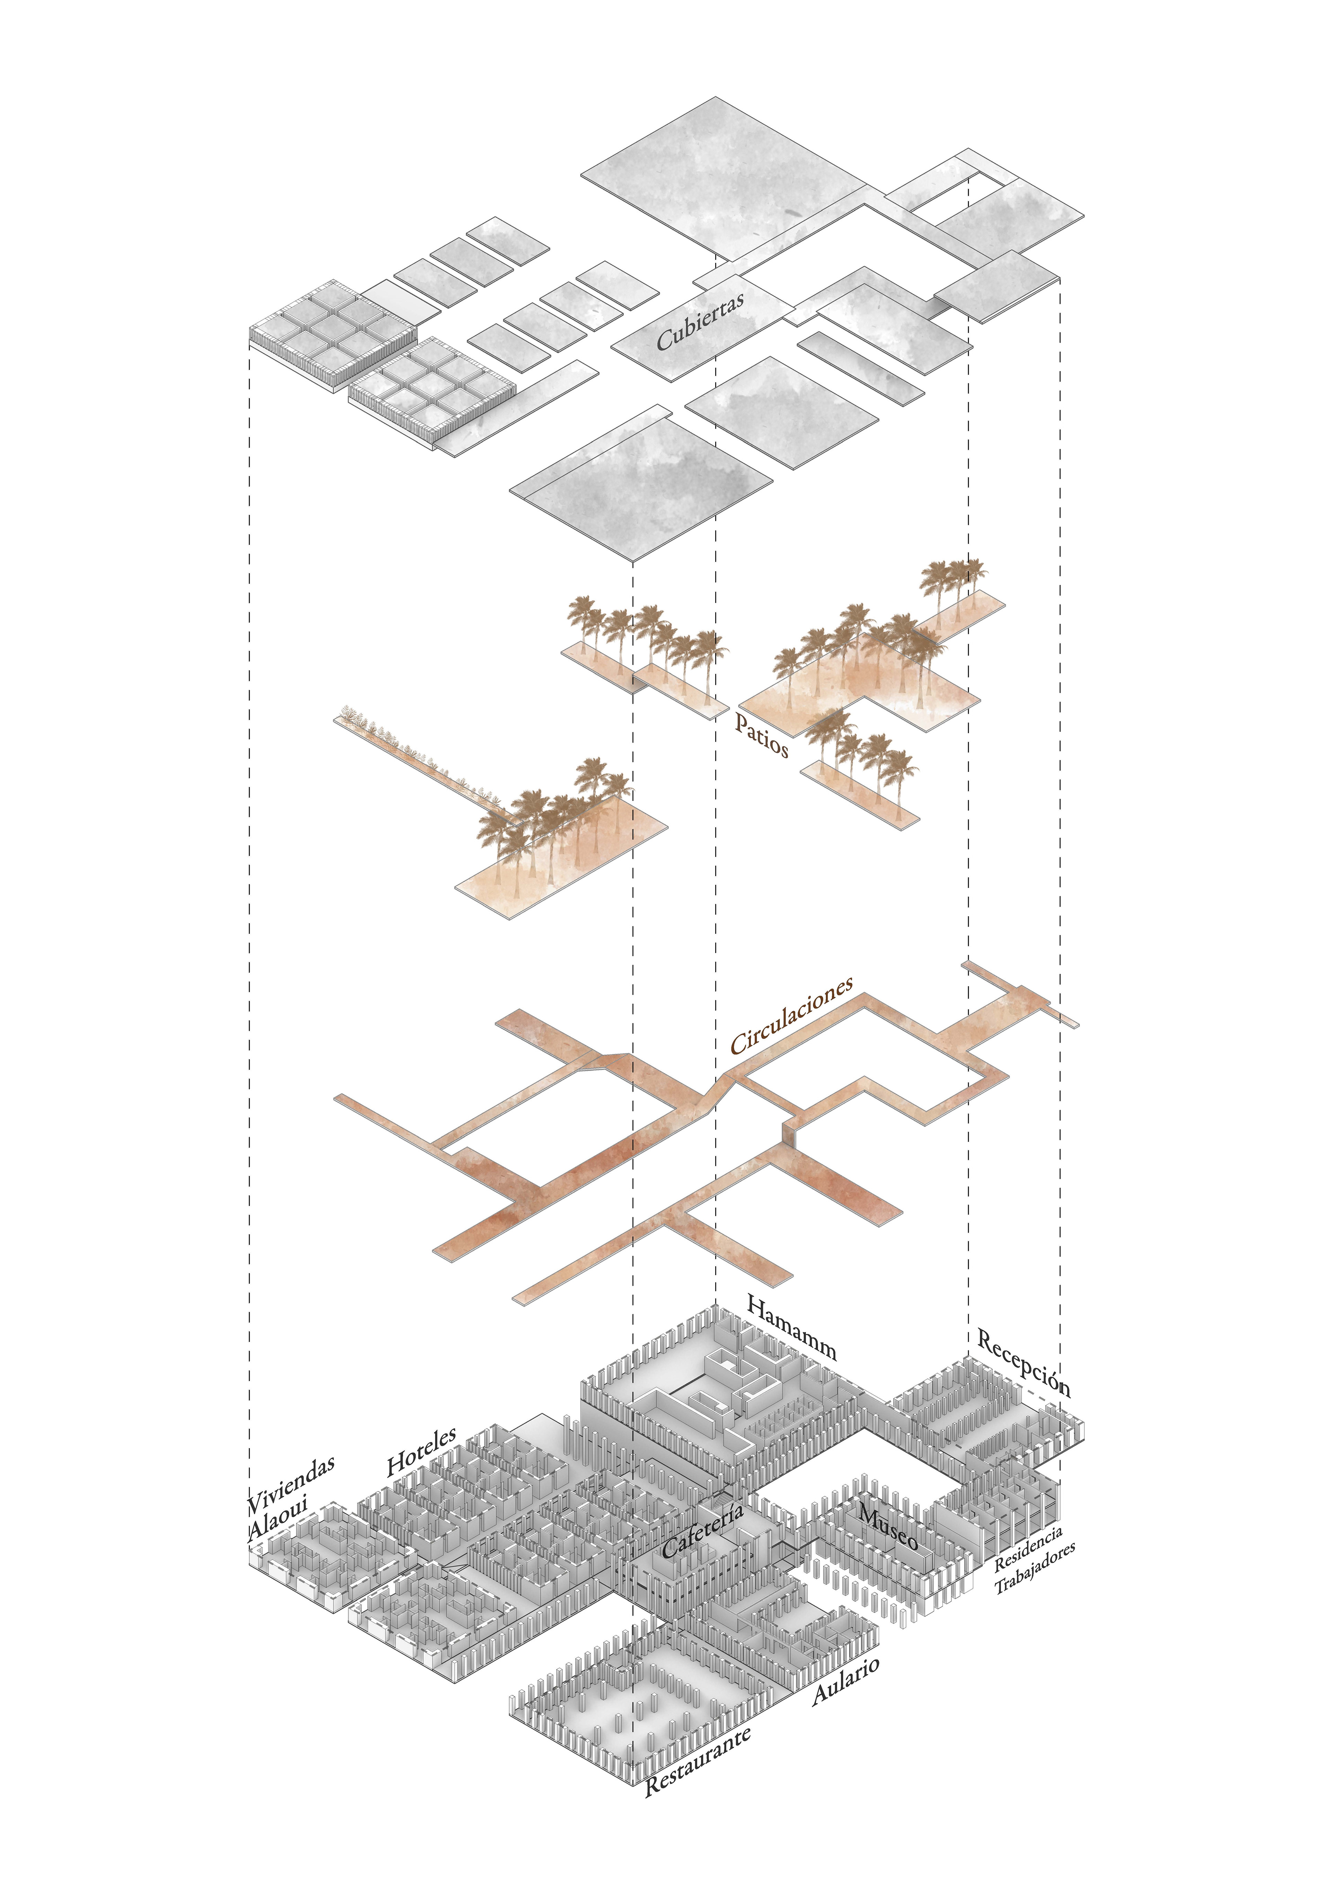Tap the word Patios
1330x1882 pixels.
tap(761, 735)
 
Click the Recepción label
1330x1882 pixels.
tap(1023, 1363)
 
